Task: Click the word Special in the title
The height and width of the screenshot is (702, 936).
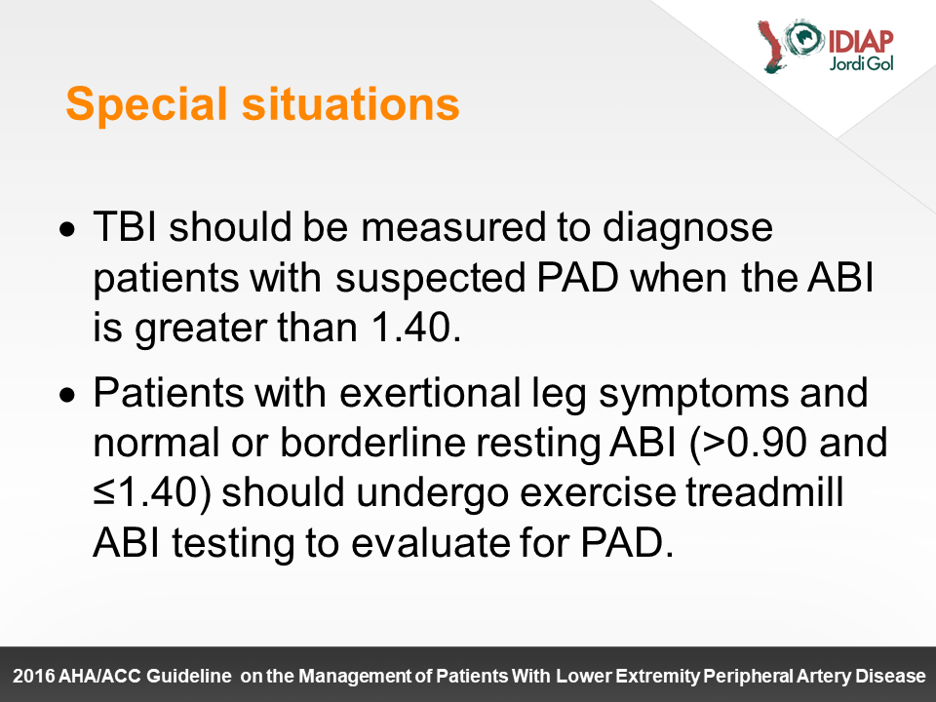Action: click(x=147, y=105)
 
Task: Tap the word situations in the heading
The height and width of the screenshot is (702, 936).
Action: click(x=350, y=104)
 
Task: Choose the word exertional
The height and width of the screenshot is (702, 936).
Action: click(x=430, y=393)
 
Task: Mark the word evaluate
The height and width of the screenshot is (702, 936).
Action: click(x=430, y=543)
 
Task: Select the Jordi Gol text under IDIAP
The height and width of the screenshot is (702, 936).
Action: click(x=861, y=63)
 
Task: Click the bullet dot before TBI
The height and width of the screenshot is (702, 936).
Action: click(x=68, y=230)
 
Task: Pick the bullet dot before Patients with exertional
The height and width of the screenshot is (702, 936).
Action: click(x=68, y=395)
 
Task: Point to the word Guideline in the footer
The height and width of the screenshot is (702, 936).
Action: click(x=189, y=677)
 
